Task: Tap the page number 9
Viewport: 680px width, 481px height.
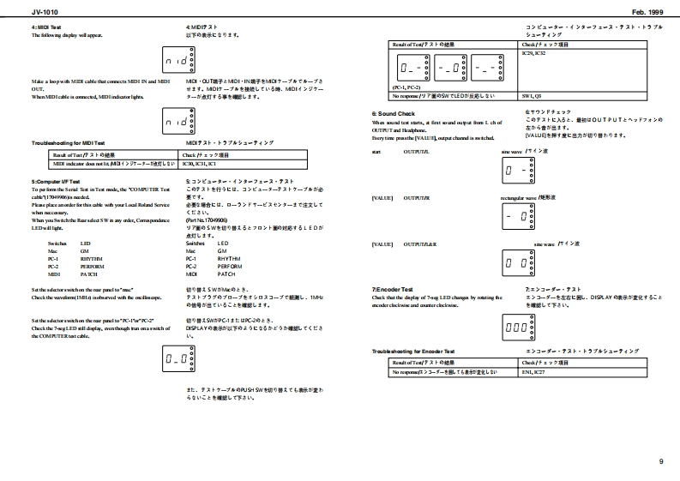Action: pos(661,462)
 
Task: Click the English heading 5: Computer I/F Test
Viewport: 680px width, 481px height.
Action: pos(56,182)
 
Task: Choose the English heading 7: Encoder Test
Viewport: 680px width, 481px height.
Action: pos(393,290)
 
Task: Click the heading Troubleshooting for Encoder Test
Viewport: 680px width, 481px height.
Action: pos(412,352)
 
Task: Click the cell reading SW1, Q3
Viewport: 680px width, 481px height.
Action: pos(533,96)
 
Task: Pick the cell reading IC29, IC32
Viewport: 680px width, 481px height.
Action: pos(535,53)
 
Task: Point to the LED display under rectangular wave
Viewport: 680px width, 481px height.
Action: pos(519,218)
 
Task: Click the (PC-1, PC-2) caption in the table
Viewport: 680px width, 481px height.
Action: pos(406,87)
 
